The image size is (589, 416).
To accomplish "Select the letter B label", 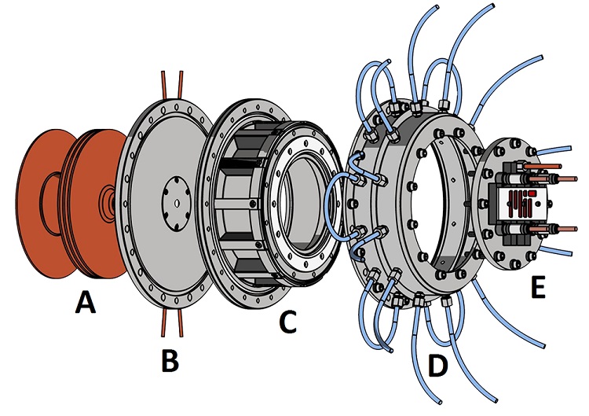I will tap(170, 360).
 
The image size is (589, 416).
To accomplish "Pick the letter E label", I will tap(537, 289).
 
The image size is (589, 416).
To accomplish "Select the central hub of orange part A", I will tap(108, 202).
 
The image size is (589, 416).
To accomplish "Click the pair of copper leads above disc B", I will tap(171, 83).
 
